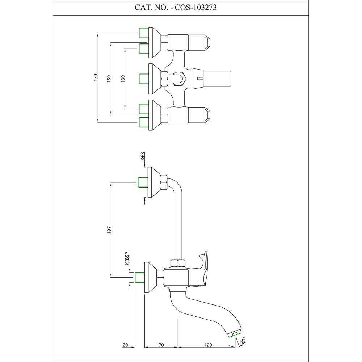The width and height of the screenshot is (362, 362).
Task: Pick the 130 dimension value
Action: tap(123, 78)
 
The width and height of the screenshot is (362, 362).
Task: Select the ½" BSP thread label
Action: tap(127, 259)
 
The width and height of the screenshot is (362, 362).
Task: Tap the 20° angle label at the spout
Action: tap(243, 340)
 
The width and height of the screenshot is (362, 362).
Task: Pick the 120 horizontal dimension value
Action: tap(208, 345)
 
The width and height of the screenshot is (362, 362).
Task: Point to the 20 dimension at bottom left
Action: tap(125, 345)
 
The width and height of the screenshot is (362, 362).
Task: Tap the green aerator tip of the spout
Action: tap(235, 334)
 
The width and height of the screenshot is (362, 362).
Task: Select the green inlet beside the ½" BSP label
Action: tap(139, 278)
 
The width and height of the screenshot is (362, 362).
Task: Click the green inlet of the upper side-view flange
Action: tap(143, 182)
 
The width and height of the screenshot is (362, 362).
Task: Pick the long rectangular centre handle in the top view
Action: tap(217, 77)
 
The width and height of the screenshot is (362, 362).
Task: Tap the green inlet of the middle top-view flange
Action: tap(144, 77)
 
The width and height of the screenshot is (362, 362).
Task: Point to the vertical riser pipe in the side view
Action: tap(177, 224)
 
